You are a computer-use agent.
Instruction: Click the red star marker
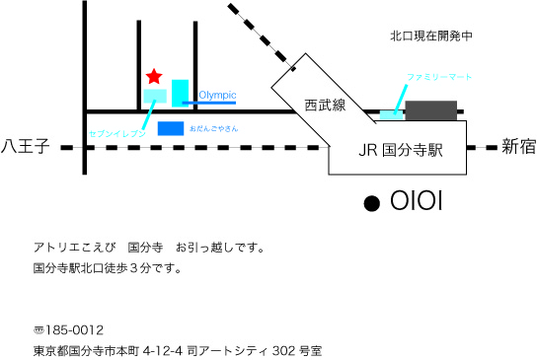154,76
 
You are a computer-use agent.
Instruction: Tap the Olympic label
217,95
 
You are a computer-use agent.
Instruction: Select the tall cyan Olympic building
180,93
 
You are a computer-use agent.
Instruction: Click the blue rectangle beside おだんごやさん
171,128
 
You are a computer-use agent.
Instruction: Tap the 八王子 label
26,148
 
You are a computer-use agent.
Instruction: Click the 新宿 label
517,147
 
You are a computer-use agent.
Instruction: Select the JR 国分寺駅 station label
399,151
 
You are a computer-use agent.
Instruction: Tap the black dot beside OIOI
372,203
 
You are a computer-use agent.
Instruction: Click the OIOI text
416,202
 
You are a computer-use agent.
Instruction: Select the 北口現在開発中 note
431,36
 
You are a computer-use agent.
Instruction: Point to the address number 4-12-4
164,350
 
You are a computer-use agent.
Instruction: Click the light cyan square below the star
155,96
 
